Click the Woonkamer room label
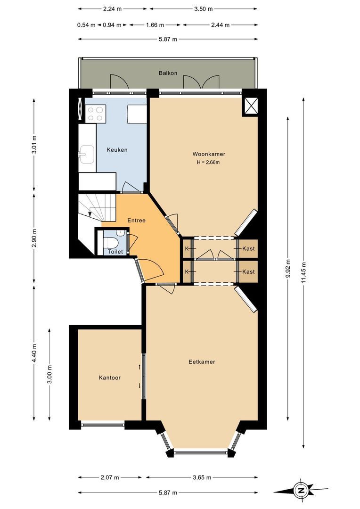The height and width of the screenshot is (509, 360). tap(209, 154)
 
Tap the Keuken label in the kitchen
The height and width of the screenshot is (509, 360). tap(117, 150)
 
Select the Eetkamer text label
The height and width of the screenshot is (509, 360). tap(202, 361)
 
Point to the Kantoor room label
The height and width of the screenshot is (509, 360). tap(110, 378)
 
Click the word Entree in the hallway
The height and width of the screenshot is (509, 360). tap(136, 221)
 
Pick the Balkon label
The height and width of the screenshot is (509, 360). tap(168, 73)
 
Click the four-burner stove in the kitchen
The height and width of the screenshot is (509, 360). tap(96, 114)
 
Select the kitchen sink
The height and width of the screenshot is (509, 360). tap(87, 154)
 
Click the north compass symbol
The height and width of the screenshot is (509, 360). tap(301, 490)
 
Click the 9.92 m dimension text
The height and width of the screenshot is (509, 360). tap(287, 268)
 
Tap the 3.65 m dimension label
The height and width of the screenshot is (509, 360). tap(202, 477)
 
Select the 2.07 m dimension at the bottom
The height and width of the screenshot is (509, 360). tap(110, 477)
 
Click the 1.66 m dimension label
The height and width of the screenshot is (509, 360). tap(155, 25)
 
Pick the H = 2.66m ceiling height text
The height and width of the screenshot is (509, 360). tap(208, 162)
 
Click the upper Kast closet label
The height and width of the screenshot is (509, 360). tap(248, 249)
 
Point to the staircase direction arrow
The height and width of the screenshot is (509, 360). tap(90, 213)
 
